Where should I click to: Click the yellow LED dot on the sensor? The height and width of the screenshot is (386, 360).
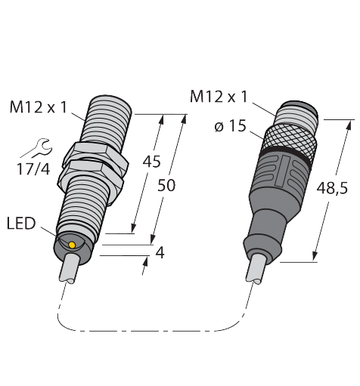tap(72, 245)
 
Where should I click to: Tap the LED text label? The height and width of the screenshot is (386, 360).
tap(21, 223)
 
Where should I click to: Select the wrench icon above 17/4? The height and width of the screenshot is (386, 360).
tap(37, 147)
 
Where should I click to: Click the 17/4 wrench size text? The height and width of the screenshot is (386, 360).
tap(33, 169)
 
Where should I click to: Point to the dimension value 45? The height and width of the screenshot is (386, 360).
tap(151, 162)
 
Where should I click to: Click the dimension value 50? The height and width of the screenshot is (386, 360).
tap(166, 186)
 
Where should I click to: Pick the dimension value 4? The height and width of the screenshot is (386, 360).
tap(160, 252)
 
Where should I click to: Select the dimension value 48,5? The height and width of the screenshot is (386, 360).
tap(332, 188)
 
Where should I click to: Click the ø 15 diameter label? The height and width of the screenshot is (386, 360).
tap(230, 126)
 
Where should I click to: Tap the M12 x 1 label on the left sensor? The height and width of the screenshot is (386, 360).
tap(39, 107)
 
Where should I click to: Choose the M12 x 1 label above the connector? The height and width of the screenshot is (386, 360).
tap(219, 97)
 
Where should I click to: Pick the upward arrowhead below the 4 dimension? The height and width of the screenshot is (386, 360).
tap(145, 262)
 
